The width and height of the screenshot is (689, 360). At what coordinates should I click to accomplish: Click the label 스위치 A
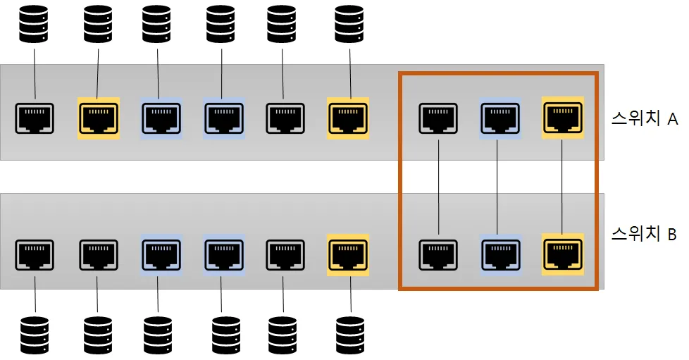644,119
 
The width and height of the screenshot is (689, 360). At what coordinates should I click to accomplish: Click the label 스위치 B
644,234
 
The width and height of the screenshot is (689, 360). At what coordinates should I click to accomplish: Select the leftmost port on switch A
35,118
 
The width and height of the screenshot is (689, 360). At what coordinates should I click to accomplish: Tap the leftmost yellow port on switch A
99,118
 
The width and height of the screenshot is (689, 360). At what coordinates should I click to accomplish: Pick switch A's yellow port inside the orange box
562,117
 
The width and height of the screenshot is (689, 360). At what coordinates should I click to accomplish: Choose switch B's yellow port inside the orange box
562,254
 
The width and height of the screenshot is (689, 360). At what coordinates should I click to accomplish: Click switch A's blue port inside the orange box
499,117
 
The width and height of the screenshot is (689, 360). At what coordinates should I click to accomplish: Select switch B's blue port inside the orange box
499,254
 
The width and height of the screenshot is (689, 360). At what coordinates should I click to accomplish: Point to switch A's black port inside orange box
438,117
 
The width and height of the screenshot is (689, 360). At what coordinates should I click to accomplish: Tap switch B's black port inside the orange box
438,254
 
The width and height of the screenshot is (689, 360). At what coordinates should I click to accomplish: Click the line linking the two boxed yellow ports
562,185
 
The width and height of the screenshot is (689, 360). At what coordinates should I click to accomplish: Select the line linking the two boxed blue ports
499,185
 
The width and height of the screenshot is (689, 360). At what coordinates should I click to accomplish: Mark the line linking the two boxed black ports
438,185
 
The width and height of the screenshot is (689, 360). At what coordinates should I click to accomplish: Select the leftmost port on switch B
35,254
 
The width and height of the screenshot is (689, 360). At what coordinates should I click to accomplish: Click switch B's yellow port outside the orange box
348,254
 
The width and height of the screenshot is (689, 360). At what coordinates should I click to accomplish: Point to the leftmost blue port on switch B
161,254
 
